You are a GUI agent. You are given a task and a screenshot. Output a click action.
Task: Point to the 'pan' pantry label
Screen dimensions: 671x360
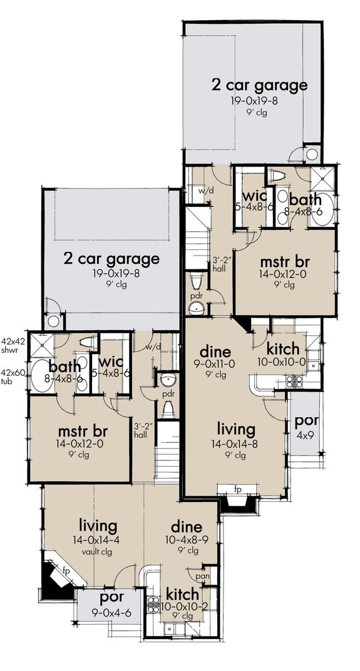coord(202,575)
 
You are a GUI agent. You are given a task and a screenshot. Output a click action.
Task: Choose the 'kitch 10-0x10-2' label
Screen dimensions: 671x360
coord(182,599)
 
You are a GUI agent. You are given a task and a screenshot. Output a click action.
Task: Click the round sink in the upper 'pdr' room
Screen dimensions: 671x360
coord(197,307)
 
